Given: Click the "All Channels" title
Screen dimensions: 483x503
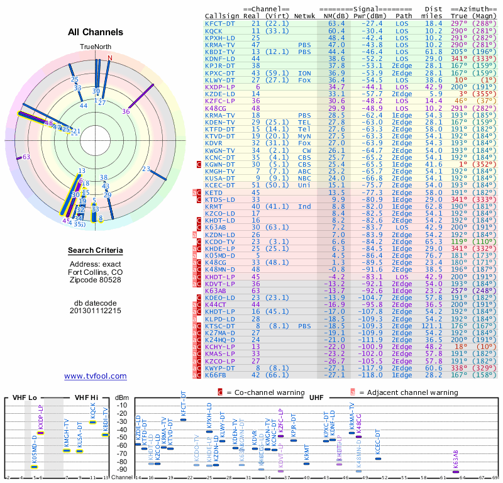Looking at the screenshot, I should (x=96, y=33).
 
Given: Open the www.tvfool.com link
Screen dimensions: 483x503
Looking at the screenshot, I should (x=96, y=376).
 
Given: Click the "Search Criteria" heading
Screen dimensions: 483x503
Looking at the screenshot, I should (x=96, y=251).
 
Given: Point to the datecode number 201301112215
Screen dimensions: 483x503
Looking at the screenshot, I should (x=96, y=311).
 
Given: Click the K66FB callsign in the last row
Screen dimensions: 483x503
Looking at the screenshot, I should (x=218, y=375).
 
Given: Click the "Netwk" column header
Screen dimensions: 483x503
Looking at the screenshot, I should (x=305, y=16).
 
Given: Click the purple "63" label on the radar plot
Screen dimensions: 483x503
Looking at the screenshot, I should (x=26, y=157).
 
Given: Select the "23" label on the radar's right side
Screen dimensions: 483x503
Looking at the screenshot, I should (x=146, y=169).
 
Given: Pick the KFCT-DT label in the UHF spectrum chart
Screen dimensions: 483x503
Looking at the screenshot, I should (x=184, y=403).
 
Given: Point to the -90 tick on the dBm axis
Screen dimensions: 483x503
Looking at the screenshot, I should (x=123, y=469).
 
